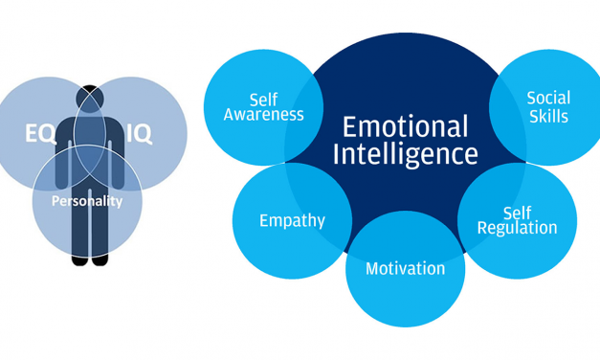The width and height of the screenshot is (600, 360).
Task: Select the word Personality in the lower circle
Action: click(87, 201)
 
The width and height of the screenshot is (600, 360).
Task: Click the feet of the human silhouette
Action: click(89, 258)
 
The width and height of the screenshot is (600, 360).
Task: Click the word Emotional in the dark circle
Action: click(405, 125)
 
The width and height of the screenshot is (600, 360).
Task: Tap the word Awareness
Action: click(263, 115)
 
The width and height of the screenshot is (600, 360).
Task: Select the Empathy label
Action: click(292, 221)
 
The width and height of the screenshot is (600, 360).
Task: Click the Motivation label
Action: click(405, 268)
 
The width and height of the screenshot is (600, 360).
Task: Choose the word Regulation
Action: click(517, 228)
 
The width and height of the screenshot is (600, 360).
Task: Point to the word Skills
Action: click(548, 116)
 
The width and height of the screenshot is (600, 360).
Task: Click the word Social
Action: click(548, 98)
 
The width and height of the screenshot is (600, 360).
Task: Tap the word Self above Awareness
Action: click(263, 99)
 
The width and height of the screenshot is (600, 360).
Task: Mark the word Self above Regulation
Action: click(518, 212)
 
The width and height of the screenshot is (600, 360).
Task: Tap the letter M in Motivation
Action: click(373, 268)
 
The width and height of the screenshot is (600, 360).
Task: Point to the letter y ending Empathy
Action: click(321, 223)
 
